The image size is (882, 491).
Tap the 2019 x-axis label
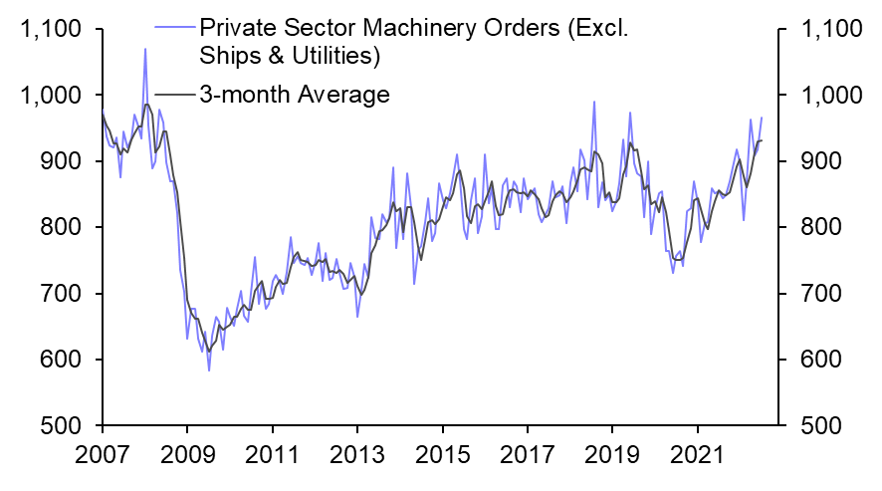tap(614, 461)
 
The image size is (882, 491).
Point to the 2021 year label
tap(700, 461)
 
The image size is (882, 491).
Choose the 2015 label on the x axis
tap(443, 461)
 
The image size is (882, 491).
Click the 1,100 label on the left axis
tap(49, 30)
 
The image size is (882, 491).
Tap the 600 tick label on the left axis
tap(60, 360)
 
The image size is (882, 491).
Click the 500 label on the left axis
tap(60, 425)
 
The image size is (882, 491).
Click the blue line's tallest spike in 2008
tap(145, 49)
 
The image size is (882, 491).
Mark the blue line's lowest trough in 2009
tap(209, 370)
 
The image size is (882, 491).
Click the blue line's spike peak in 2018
tap(594, 101)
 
